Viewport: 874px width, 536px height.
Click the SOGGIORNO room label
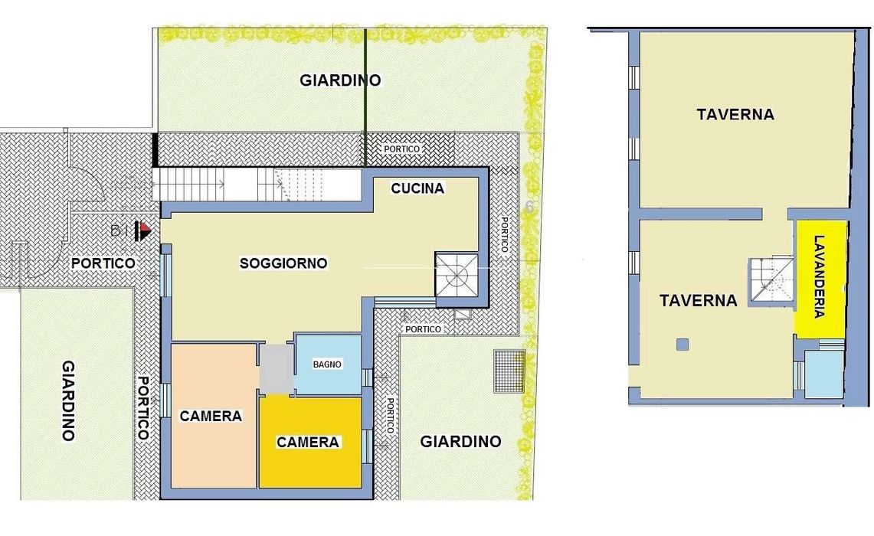pyautogui.click(x=283, y=263)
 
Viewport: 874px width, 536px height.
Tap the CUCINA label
pyautogui.click(x=417, y=188)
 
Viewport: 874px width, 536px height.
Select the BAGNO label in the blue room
pyautogui.click(x=327, y=364)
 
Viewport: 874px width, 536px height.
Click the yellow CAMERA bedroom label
pyautogui.click(x=308, y=442)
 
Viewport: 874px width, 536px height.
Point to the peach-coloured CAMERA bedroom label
pyautogui.click(x=211, y=416)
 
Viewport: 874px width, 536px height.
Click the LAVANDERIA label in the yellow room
pyautogui.click(x=819, y=276)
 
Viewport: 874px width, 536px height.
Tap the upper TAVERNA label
pyautogui.click(x=735, y=114)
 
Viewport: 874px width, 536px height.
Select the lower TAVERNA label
pyautogui.click(x=699, y=300)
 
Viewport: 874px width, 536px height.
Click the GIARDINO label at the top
pyautogui.click(x=340, y=80)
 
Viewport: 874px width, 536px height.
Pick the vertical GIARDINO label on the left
pyautogui.click(x=69, y=400)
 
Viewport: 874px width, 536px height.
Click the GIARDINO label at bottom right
pyautogui.click(x=460, y=441)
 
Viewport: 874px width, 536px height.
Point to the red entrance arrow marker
pyautogui.click(x=145, y=230)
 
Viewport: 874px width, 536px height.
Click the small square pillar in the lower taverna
pyautogui.click(x=683, y=345)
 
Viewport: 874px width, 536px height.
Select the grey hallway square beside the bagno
pyautogui.click(x=276, y=368)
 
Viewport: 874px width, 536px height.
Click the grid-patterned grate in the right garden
pyautogui.click(x=509, y=371)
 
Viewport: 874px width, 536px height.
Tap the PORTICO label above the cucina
pyautogui.click(x=401, y=149)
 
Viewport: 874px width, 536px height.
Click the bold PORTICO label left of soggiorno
pyautogui.click(x=103, y=263)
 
